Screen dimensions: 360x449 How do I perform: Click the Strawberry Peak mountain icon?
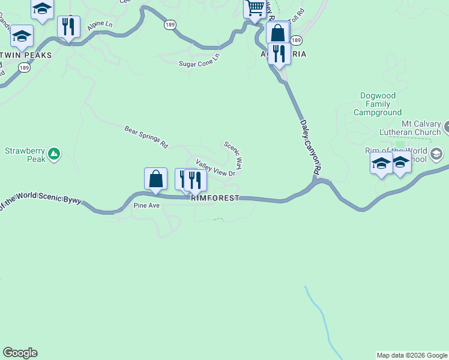pyautogui.click(x=54, y=154)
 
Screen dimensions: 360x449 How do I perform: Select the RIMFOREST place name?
pyautogui.click(x=215, y=198)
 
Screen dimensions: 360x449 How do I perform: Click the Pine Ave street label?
pyautogui.click(x=146, y=205)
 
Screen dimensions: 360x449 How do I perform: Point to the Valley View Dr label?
pyautogui.click(x=214, y=168)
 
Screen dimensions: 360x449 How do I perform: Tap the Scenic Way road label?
pyautogui.click(x=233, y=154)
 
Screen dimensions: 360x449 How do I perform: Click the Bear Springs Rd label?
pyautogui.click(x=146, y=137)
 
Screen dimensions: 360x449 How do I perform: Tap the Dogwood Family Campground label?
pyautogui.click(x=377, y=104)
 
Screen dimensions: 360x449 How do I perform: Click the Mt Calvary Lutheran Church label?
pyautogui.click(x=410, y=127)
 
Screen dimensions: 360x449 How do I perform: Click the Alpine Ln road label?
pyautogui.click(x=100, y=25)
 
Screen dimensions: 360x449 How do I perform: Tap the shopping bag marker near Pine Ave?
pyautogui.click(x=155, y=178)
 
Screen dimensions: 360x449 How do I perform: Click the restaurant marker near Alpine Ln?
pyautogui.click(x=69, y=27)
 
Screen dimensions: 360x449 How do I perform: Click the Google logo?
pyautogui.click(x=20, y=353)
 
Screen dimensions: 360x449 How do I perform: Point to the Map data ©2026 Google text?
pyautogui.click(x=412, y=355)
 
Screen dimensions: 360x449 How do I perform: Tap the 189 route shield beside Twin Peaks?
pyautogui.click(x=24, y=68)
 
